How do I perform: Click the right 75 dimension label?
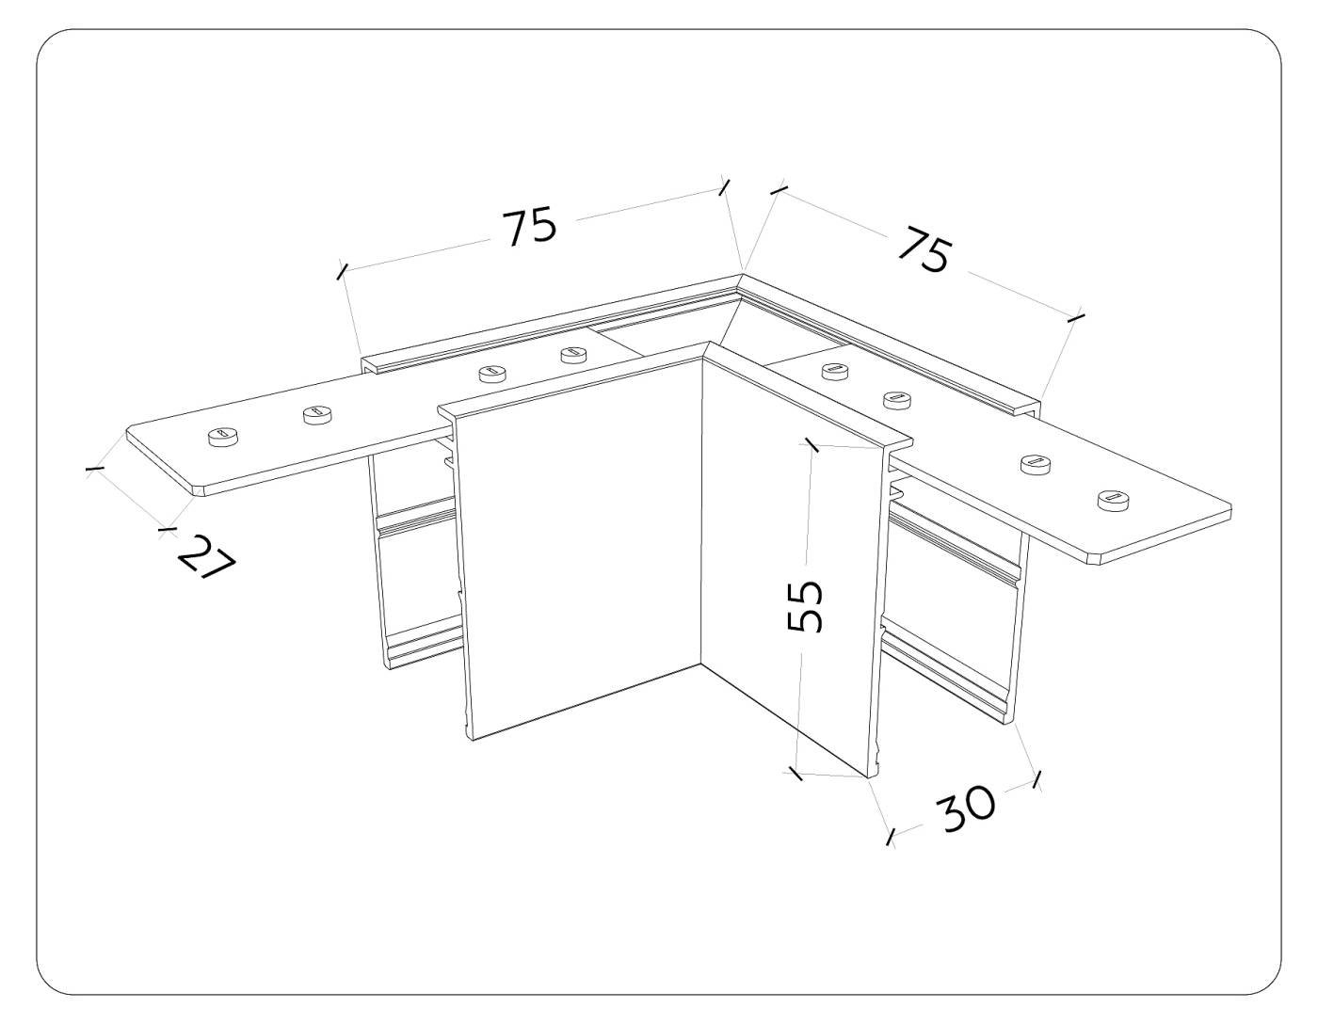(924, 248)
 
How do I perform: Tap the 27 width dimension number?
(207, 556)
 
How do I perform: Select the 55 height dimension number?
(805, 606)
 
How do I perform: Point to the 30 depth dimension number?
(966, 808)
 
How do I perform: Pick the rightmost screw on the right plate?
(1114, 501)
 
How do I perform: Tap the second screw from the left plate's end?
(318, 416)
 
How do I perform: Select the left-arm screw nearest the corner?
(572, 354)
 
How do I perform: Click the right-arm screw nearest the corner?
(835, 370)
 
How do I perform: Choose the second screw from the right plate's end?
(1036, 464)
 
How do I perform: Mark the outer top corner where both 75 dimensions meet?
(741, 275)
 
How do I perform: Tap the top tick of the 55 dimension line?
(811, 444)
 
